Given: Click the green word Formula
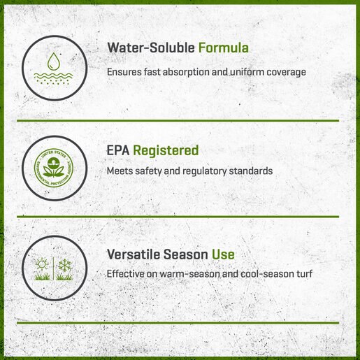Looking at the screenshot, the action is tap(224, 48).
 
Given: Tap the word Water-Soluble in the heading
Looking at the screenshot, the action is tap(151, 48).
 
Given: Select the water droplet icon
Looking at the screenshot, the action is tap(54, 62).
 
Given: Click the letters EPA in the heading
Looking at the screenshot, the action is tap(118, 150).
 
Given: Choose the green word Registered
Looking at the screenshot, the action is tap(166, 151).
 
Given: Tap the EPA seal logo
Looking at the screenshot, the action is tap(54, 168).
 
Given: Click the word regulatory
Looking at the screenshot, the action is tap(204, 171).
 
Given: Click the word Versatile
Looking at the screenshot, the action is tap(134, 254).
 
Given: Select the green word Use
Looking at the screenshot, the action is tap(223, 254).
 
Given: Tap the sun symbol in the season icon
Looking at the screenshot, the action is tap(42, 264).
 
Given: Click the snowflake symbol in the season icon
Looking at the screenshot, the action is tap(64, 264).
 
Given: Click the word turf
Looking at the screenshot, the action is tap(304, 273).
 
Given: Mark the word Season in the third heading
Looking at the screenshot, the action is tap(186, 254).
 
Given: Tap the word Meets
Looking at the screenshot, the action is tap(120, 171).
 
